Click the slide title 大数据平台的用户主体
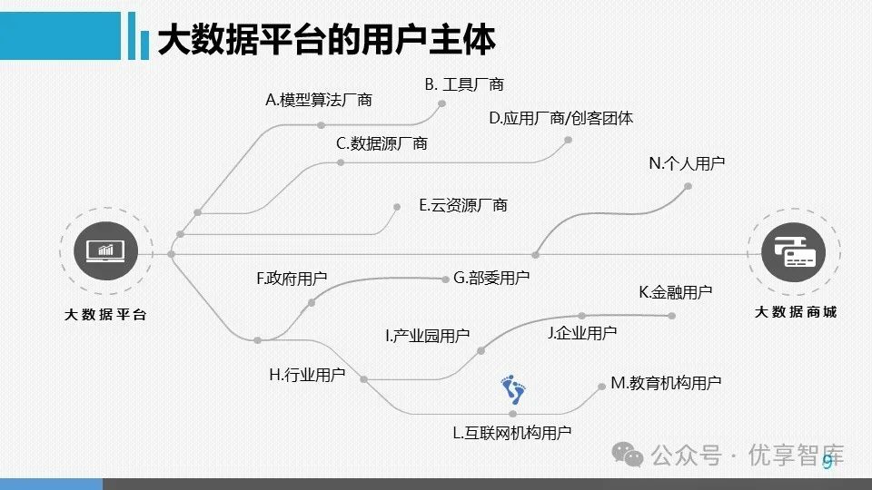coord(326,40)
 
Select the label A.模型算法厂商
coord(318,100)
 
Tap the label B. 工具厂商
coord(463,84)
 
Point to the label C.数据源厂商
coord(381,143)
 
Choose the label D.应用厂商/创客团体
coord(560,118)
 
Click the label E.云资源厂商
coord(462,206)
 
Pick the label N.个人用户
coord(687,163)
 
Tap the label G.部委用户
coord(491,278)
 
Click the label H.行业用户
coord(307,375)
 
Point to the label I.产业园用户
coord(427,336)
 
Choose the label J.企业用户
coord(582,333)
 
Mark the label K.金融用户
coord(676,292)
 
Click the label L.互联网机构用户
coord(512,433)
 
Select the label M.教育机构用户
coord(666,383)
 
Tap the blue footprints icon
coord(513,391)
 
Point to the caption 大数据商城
coord(796,312)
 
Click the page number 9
coord(827,463)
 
